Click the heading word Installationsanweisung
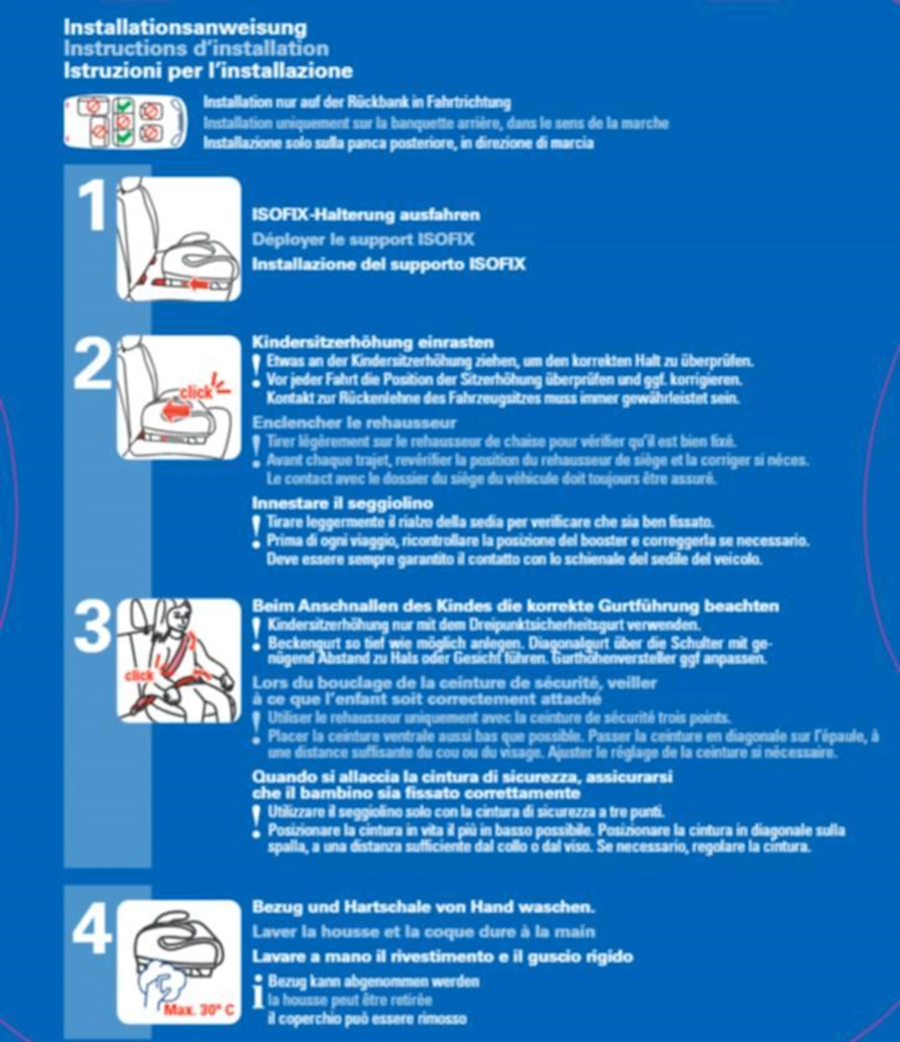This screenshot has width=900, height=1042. [185, 27]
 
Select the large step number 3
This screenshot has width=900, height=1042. [93, 627]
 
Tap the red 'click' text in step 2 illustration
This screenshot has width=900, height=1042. [196, 392]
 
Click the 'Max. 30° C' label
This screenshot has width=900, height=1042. [199, 1010]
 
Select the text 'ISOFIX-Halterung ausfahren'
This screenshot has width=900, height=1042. [366, 215]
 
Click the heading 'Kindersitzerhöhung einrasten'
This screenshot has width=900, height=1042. [373, 342]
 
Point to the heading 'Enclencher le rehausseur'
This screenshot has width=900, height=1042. [354, 423]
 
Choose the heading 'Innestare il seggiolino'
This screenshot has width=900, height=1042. [342, 503]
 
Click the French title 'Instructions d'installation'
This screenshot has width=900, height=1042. [196, 49]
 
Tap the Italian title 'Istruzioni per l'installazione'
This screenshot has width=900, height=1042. [208, 70]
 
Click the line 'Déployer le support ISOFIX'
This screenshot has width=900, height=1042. [363, 239]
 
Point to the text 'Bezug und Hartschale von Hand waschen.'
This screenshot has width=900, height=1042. [423, 907]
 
